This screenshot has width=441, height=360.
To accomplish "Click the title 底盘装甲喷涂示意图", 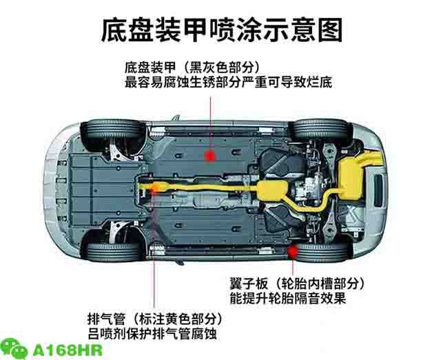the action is tap(222, 30).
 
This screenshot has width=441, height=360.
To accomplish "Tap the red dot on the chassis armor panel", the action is tap(210, 156).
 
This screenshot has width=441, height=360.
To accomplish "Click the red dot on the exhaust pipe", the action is tap(153, 186).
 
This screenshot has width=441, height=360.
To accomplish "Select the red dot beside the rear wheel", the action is tap(293, 251).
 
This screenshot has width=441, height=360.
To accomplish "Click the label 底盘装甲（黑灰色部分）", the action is tap(192, 68).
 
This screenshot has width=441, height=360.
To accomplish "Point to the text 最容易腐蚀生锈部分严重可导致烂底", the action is tap(228, 83).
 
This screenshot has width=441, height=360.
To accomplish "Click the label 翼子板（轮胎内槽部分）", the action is tap(297, 283).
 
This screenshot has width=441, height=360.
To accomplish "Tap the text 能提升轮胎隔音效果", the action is tap(287, 299).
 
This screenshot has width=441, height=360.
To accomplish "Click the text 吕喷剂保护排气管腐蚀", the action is tap(152, 334).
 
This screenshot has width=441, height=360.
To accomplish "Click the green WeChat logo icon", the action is tap(14, 349).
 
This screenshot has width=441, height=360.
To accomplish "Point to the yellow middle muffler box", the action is tap(272, 190).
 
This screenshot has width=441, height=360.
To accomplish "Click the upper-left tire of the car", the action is tap(113, 132).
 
